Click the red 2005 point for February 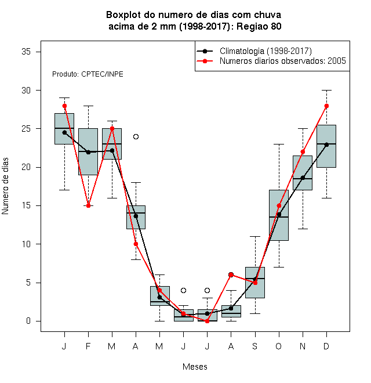coord(88,205)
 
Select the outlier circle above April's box coord(136,136)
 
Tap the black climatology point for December coord(326,144)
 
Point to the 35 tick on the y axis coord(38,52)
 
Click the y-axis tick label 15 coord(26,205)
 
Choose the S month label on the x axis coord(255,346)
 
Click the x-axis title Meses coord(195,367)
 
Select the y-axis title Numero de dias coord(5,186)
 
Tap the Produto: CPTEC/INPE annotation coord(88,74)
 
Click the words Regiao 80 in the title coord(259,26)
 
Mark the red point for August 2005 coord(231,275)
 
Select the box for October coord(279,215)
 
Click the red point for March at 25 coord(112,128)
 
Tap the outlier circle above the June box coord(184,290)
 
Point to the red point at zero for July coord(207,321)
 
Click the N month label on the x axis coord(303,346)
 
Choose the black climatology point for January coord(64,133)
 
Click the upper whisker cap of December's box coord(326,90)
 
